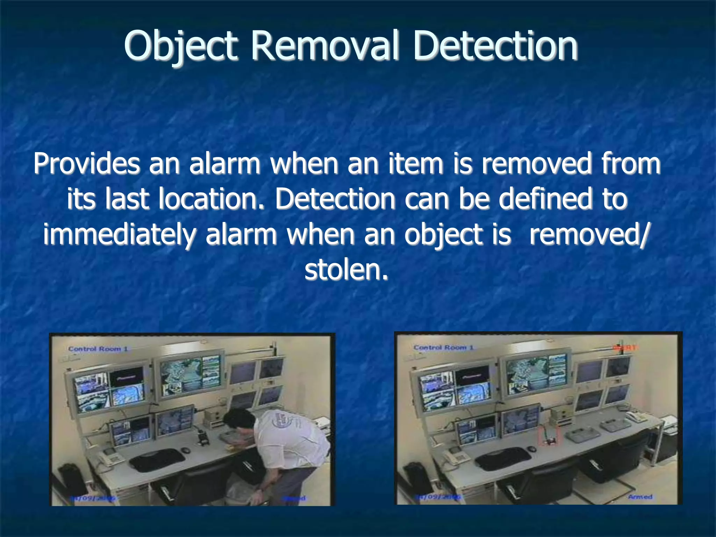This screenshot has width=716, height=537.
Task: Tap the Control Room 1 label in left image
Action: click(x=98, y=349)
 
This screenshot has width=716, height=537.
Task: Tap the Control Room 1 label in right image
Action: click(x=443, y=348)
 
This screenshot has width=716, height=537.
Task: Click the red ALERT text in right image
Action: click(x=625, y=348)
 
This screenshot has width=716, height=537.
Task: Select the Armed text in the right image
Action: click(x=640, y=497)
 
